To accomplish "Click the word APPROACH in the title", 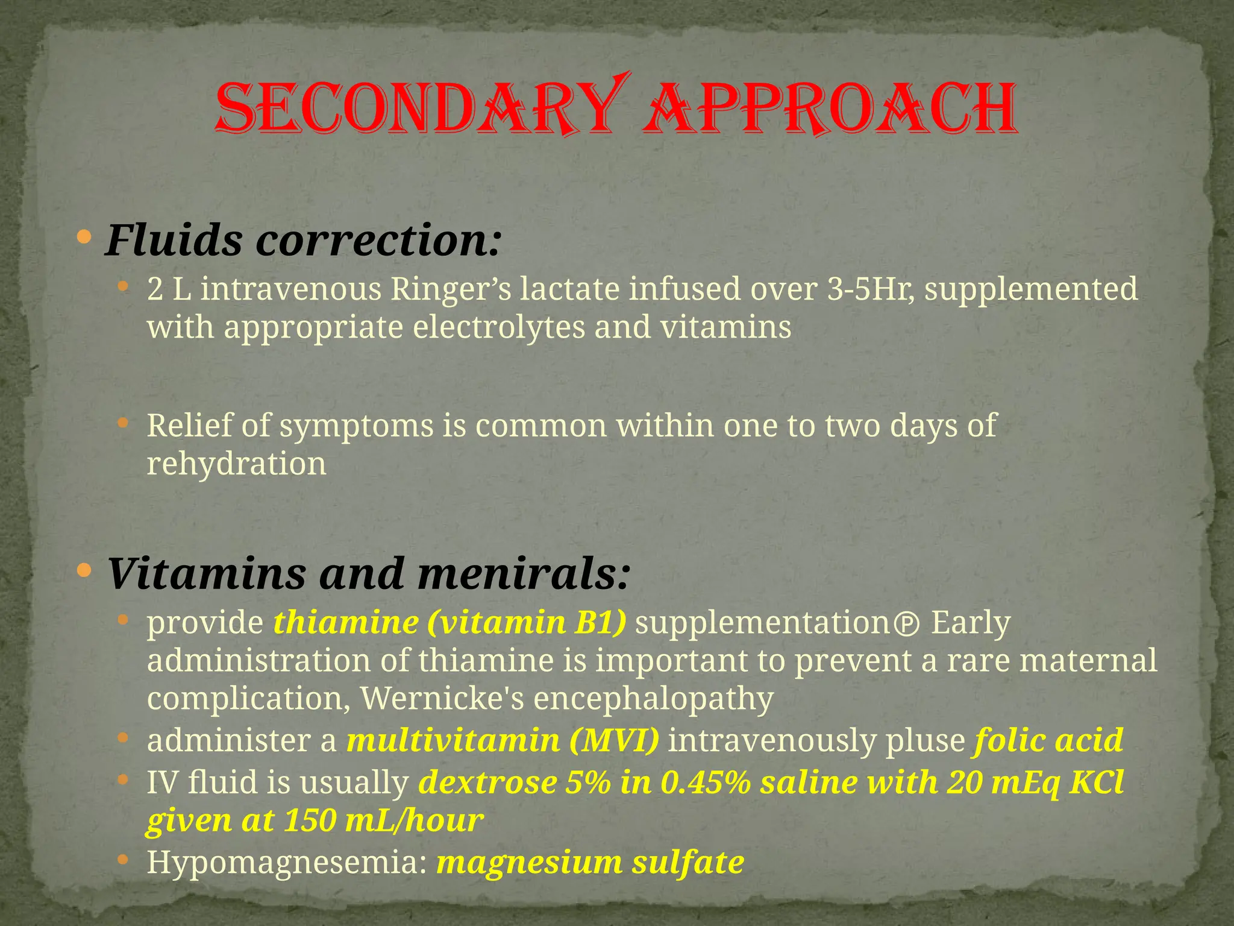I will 828,110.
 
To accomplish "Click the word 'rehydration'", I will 237,464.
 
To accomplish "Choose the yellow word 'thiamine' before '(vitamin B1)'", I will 346,622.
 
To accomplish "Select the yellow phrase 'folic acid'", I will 1048,740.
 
